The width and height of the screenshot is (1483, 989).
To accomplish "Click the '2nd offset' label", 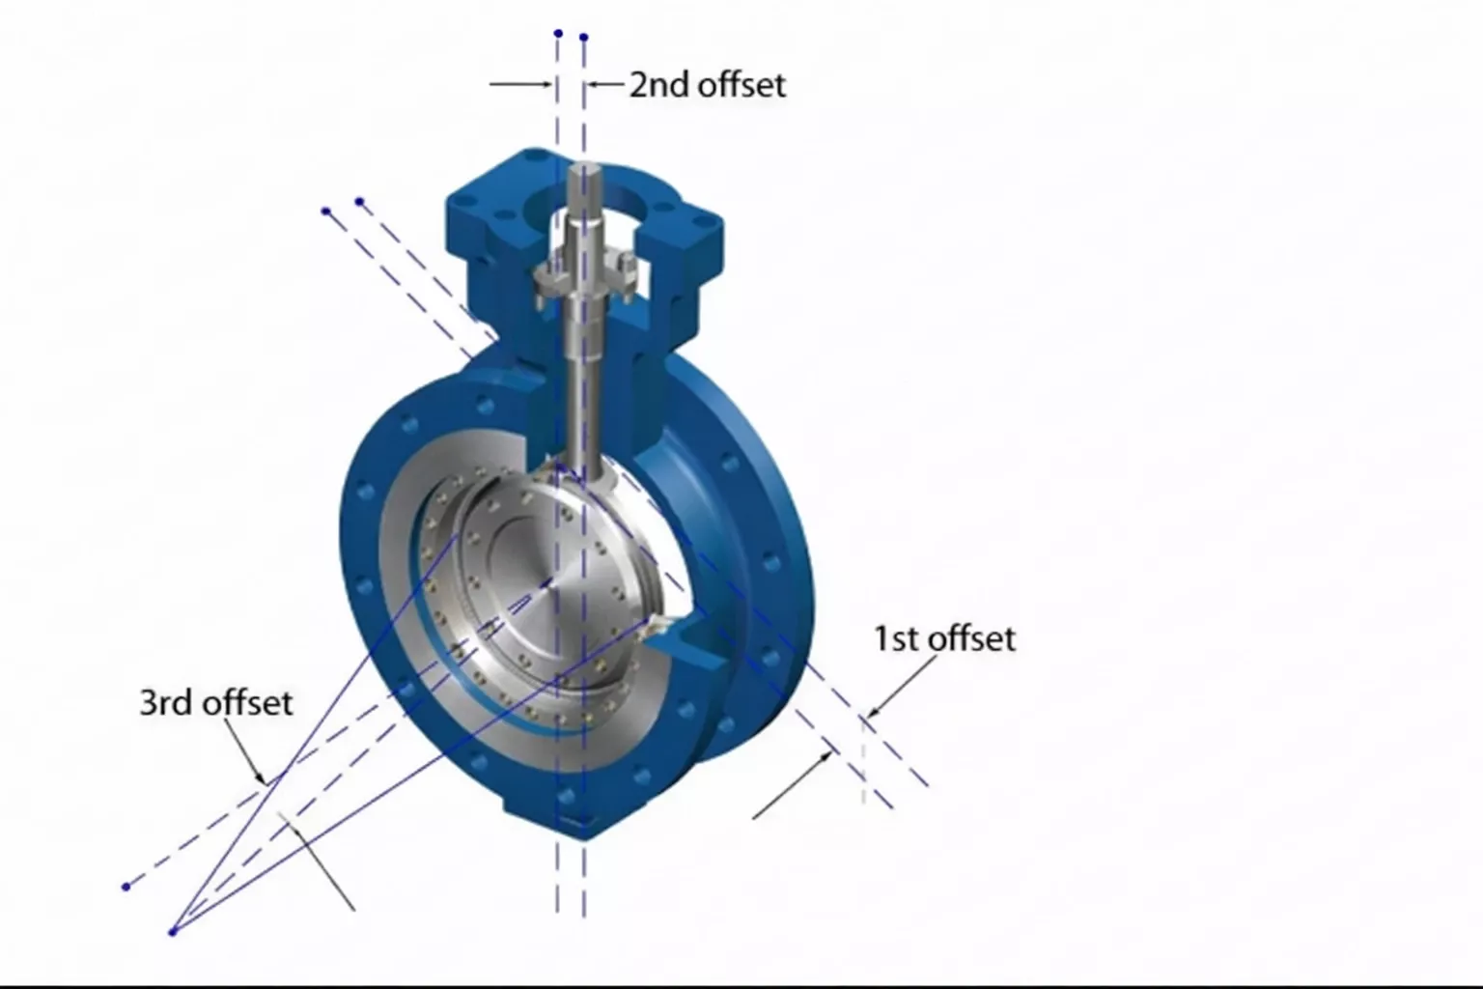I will [707, 85].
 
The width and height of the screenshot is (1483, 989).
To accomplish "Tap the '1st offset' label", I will [944, 638].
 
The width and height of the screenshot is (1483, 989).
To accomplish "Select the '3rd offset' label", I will [215, 702].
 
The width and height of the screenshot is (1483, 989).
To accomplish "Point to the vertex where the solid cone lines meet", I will [173, 932].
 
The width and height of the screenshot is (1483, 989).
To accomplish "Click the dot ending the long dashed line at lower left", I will [126, 886].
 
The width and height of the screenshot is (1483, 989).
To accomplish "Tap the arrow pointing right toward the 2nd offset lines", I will [521, 85].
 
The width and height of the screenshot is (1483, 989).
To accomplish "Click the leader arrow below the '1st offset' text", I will [903, 687].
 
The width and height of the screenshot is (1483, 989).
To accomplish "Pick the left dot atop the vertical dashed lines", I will [558, 34].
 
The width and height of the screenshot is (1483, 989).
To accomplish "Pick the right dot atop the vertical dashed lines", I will [584, 38].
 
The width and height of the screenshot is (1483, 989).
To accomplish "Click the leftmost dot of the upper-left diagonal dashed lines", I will [326, 211].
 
